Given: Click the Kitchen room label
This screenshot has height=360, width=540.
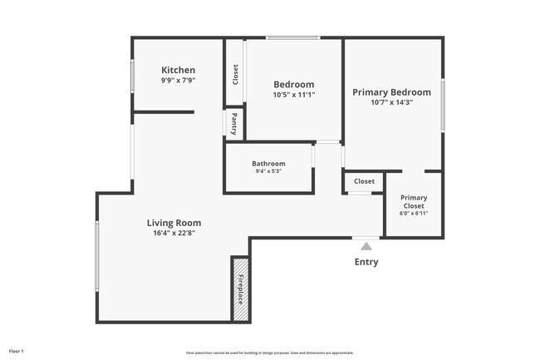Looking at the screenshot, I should point(179,70).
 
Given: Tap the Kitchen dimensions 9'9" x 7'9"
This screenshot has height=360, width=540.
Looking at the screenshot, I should point(179,81).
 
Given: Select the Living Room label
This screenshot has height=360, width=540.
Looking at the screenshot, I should point(174,223).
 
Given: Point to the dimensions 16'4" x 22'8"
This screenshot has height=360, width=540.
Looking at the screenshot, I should point(174,234).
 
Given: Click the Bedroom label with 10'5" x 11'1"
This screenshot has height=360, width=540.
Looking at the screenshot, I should point(294,84).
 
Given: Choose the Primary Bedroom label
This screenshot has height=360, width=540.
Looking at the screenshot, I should point(391,92).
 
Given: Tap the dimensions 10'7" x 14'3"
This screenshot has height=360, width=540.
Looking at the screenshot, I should point(391,102).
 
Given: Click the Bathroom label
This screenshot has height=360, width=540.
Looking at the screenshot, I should point(268,164).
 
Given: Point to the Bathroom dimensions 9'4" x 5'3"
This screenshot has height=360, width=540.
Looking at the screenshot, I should point(268,171).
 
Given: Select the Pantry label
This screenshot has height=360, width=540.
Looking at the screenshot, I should point(234,123).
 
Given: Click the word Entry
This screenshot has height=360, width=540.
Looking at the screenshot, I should point(366,262).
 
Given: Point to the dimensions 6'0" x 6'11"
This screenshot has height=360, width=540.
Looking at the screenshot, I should point(414,214).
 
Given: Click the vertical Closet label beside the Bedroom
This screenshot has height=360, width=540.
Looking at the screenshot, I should point(235,73).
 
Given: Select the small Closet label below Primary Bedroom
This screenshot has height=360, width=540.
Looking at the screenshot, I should point(364,181).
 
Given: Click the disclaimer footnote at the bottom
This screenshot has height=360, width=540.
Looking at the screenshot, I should point(270,353).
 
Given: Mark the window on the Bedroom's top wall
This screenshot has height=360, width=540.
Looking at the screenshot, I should point(292,37).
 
